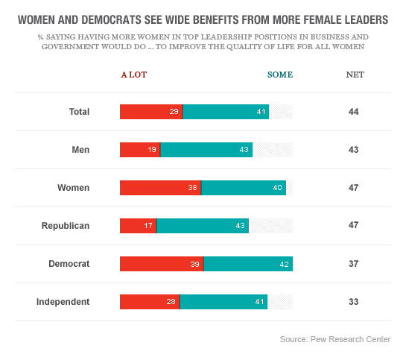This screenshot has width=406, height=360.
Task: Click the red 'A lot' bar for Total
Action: coord(151,112)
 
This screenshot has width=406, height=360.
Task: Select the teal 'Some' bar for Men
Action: coord(206,150)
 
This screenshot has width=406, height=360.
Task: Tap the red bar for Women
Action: coord(160,188)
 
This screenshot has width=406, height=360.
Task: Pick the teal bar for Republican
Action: coord(203,226)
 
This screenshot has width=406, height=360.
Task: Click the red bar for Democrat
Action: coord(162,264)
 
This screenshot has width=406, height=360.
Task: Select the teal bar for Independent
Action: coord(223,302)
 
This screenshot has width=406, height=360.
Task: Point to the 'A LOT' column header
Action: coord(134,75)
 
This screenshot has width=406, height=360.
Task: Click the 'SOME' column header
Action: coord(280,75)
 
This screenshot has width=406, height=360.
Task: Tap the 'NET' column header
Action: coord(355,75)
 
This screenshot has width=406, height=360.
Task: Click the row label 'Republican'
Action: coord(66,226)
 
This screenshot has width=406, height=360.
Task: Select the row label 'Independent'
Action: coord(63,302)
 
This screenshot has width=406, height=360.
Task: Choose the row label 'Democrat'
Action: coord(69,264)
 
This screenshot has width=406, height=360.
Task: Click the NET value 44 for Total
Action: coord(354,112)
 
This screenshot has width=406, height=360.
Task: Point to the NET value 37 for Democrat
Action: coord(354,264)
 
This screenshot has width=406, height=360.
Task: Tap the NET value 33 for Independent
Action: coord(354,302)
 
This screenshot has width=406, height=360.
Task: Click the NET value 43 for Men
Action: coord(354,150)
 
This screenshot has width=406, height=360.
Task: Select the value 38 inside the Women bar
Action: coord(192,188)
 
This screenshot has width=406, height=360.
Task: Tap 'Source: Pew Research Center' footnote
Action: coord(334,340)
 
